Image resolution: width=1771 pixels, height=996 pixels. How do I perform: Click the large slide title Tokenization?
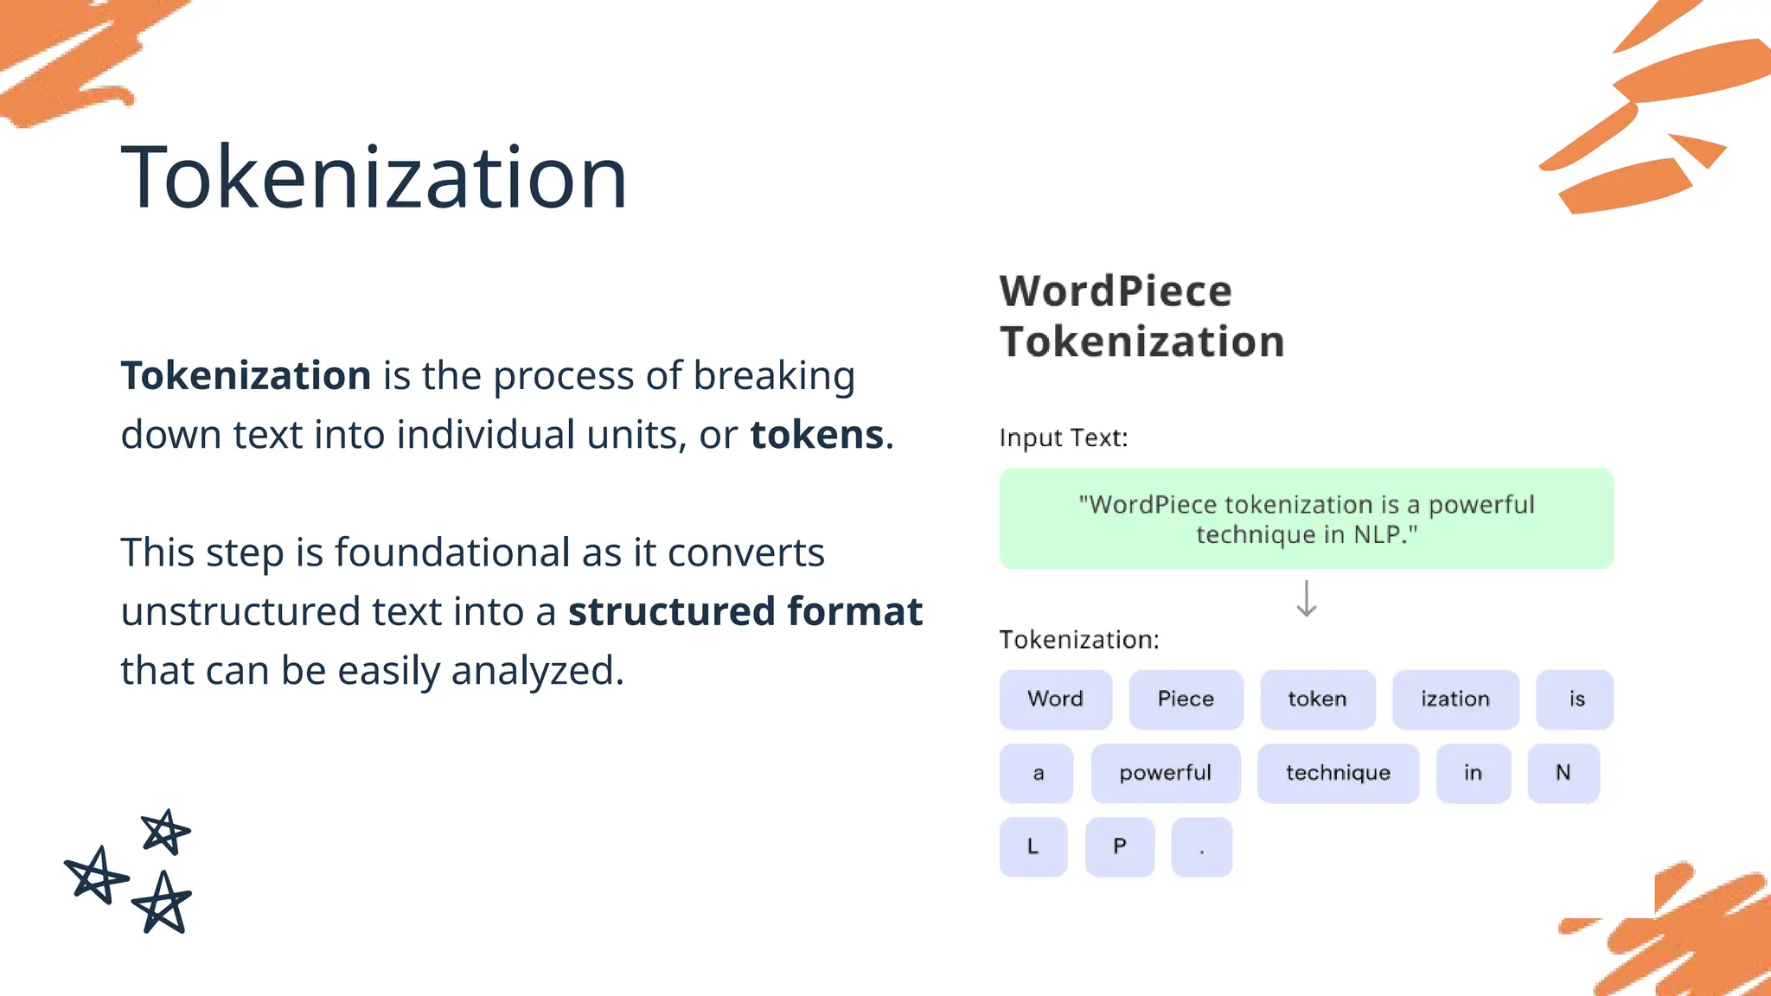pos(374,177)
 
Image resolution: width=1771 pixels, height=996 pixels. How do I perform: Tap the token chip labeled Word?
pos(1055,699)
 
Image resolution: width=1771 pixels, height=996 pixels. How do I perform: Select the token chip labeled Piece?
pos(1186,699)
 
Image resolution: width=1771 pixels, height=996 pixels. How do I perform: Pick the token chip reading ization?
pos(1455,699)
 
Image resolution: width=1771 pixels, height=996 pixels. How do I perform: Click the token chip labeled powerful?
pos(1165,773)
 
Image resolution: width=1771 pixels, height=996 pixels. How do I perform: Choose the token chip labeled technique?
pos(1338,773)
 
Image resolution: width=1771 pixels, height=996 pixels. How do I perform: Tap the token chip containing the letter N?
pos(1563,773)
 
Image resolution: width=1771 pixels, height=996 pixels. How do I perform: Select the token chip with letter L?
pos(1033,846)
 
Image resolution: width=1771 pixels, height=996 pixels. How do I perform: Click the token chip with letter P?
pos(1119,846)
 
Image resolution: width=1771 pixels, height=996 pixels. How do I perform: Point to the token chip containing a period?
pos(1201,846)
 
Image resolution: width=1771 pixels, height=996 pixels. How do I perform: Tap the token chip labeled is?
pos(1576,699)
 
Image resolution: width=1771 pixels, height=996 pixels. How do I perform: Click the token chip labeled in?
pos(1473,773)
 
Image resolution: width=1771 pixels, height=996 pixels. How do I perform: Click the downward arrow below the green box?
pos(1306,598)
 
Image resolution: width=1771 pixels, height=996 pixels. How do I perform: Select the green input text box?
pos(1306,518)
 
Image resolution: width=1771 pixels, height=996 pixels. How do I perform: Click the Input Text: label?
pos(1063,437)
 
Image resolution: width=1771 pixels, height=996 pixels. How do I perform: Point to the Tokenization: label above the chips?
pos(1078,640)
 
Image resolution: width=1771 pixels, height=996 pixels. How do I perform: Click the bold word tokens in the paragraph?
pos(816,434)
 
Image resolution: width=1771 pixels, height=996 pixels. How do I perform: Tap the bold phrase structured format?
pos(745,611)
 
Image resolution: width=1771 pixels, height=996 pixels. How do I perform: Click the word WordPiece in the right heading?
pos(1116,290)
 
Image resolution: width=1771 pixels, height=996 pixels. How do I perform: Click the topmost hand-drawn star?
pos(164,832)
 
